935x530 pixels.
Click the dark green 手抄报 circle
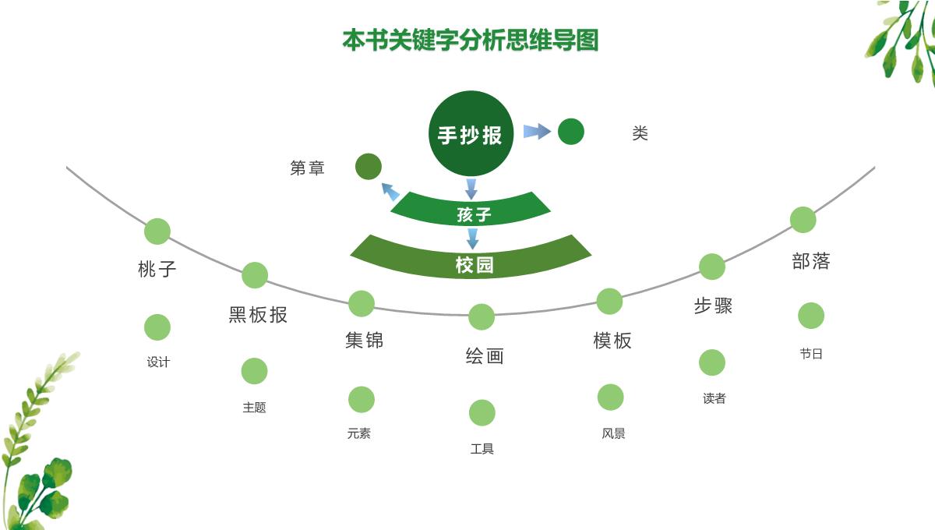(x=470, y=133)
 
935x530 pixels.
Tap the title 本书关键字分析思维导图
(x=470, y=40)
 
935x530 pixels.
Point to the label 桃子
(x=157, y=270)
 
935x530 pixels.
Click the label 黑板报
(x=258, y=315)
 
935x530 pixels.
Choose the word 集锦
(x=364, y=341)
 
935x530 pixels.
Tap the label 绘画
(x=485, y=356)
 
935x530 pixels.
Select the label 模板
(x=612, y=341)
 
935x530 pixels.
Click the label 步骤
(x=713, y=306)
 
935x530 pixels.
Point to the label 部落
(x=811, y=261)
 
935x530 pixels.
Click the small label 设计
(x=158, y=362)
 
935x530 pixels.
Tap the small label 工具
(x=482, y=449)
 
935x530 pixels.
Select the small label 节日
(x=811, y=354)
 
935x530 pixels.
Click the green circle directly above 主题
(x=254, y=371)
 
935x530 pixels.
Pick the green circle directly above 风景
(x=610, y=397)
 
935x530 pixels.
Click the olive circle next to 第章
(x=368, y=167)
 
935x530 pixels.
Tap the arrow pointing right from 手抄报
(x=537, y=132)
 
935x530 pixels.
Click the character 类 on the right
(x=640, y=134)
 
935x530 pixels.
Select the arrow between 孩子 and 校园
(x=471, y=238)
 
